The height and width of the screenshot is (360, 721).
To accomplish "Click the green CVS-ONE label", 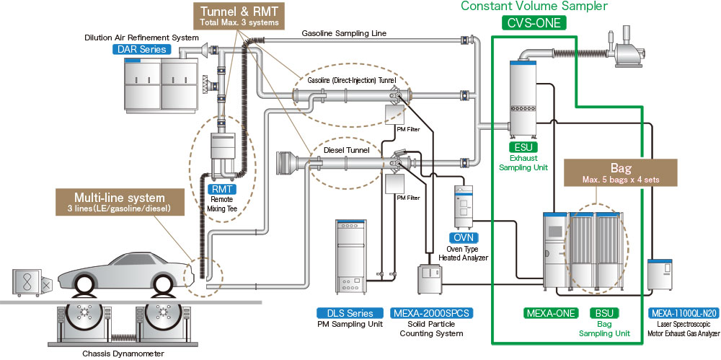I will (534, 22).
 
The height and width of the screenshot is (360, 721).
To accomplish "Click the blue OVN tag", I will (461, 237).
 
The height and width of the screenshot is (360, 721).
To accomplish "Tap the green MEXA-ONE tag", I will (551, 313).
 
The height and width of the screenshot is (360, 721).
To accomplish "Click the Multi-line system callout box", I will (119, 201).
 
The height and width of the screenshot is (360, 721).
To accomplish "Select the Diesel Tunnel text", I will (347, 150).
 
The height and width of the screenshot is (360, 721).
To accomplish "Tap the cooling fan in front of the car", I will (30, 282).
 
